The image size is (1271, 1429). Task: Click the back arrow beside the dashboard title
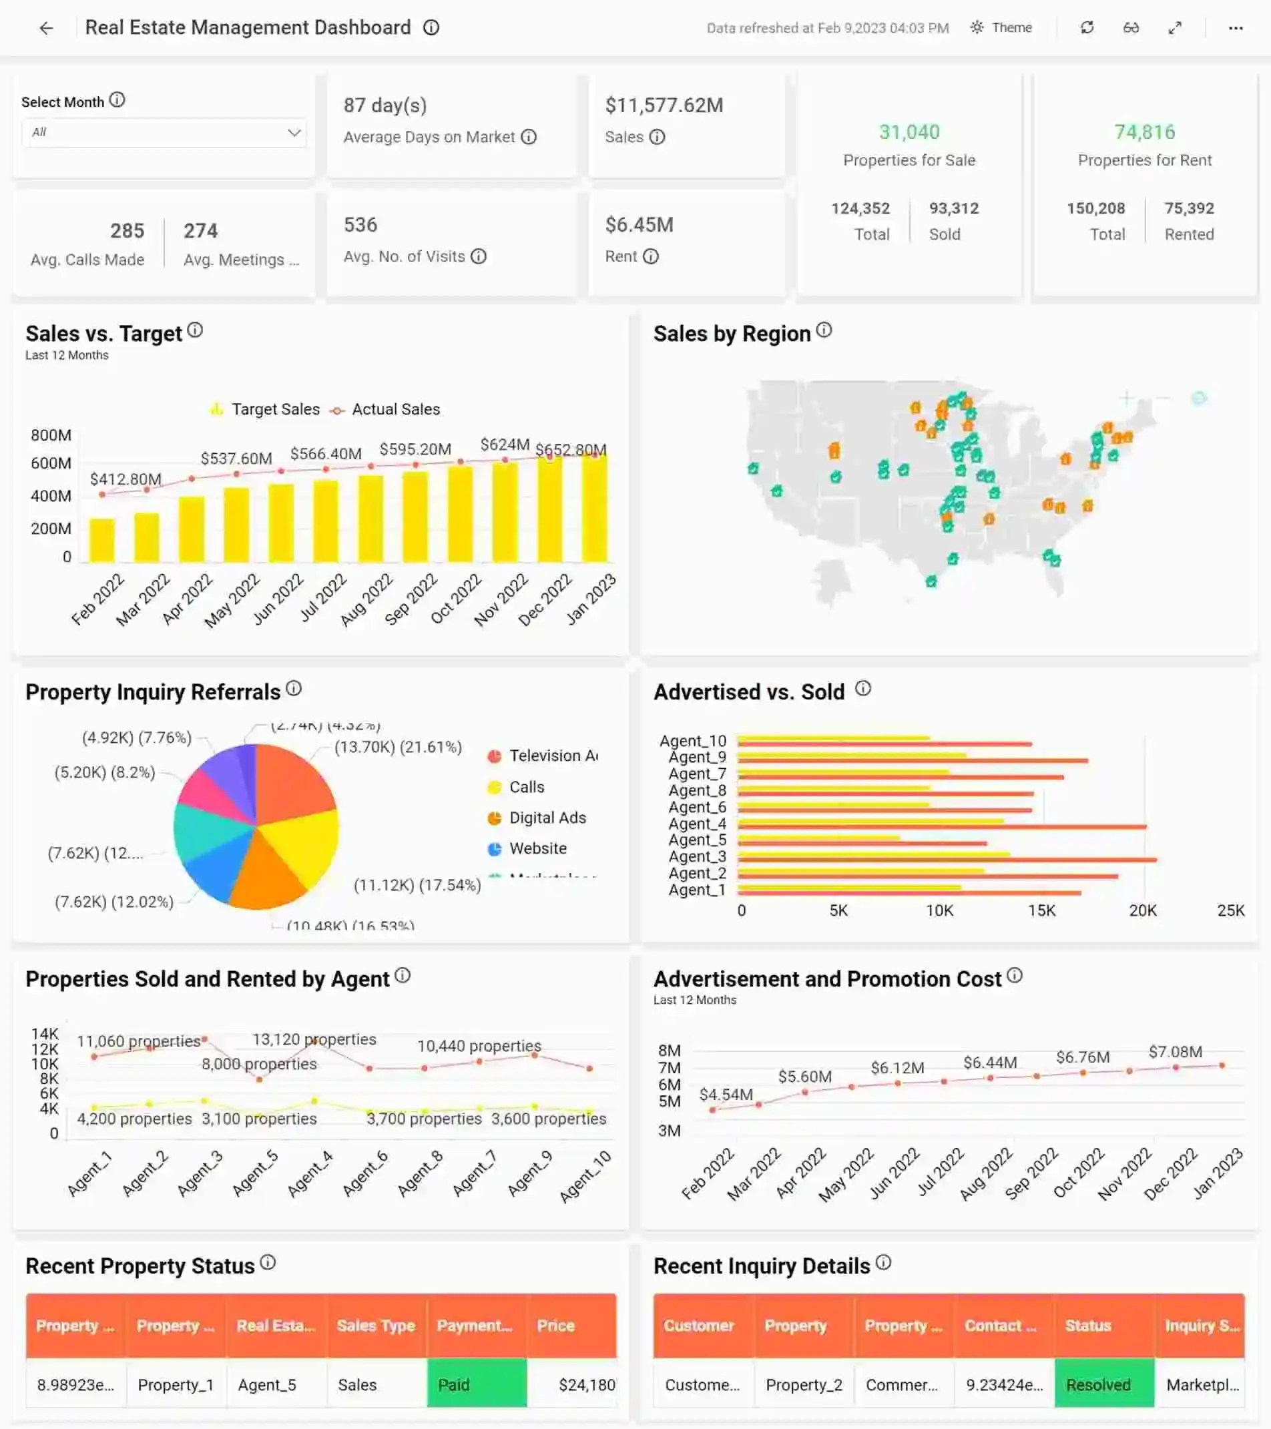(46, 28)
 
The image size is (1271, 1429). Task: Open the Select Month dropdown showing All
(164, 132)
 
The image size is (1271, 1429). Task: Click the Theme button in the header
(1001, 28)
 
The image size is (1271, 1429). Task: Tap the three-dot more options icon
(1236, 28)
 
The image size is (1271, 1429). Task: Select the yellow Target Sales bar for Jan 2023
(594, 509)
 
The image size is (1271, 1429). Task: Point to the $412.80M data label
(126, 479)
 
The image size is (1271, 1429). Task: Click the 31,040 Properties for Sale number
(909, 131)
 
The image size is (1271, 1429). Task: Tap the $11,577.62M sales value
(664, 105)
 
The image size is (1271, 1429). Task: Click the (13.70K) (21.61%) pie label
(398, 747)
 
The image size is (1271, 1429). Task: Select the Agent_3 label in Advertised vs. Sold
(697, 856)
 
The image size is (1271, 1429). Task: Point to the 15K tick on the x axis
(1041, 910)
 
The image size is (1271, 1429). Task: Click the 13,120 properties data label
(314, 1040)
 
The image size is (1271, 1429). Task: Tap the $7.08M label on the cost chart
(1176, 1051)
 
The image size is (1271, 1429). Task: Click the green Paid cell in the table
(477, 1385)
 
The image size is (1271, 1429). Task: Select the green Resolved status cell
(1104, 1385)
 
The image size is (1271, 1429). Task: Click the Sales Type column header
(376, 1326)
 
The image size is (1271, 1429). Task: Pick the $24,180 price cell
(586, 1385)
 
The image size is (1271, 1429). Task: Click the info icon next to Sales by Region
(824, 330)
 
